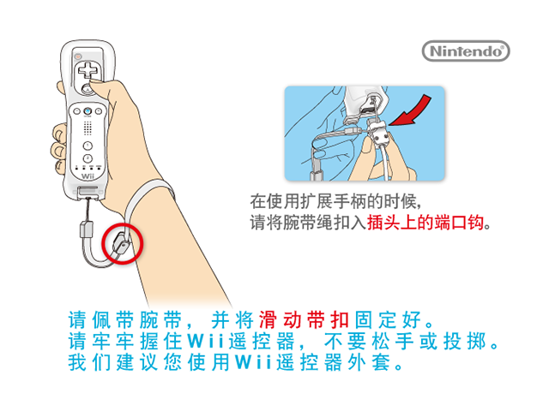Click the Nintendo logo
(x=466, y=51)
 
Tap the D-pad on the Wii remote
(x=87, y=70)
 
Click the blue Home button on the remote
(x=87, y=111)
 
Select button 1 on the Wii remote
(x=87, y=146)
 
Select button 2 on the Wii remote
(x=87, y=158)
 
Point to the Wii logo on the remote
(x=87, y=176)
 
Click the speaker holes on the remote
(x=87, y=128)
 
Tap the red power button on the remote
(x=78, y=56)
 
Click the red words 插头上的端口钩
(x=425, y=223)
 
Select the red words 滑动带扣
(x=304, y=319)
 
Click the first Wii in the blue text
(x=206, y=342)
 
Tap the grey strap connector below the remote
(x=86, y=229)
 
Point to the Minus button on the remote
(x=76, y=111)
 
